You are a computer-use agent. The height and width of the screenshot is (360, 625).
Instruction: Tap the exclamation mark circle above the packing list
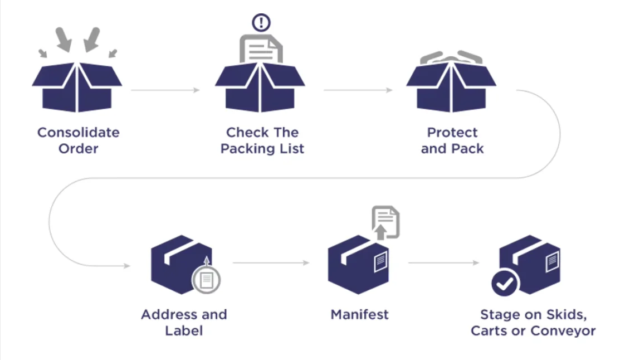(261, 23)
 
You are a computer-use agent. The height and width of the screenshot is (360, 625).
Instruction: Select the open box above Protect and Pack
(451, 86)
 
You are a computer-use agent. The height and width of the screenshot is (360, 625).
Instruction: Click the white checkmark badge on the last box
(505, 284)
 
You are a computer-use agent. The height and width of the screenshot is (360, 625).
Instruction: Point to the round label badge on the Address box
(206, 280)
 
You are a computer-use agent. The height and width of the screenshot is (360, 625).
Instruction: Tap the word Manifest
(359, 314)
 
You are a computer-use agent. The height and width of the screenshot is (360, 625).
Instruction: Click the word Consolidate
(78, 133)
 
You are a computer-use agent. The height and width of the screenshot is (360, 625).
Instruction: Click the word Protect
(452, 133)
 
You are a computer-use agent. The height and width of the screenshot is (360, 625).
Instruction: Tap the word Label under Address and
(184, 330)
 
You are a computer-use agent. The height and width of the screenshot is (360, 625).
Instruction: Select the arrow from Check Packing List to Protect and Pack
(357, 90)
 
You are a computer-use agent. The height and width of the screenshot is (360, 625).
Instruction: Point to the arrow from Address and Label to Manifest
(271, 262)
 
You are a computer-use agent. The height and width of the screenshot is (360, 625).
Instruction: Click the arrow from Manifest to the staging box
(443, 262)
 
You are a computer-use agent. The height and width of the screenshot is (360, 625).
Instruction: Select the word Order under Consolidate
(78, 149)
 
